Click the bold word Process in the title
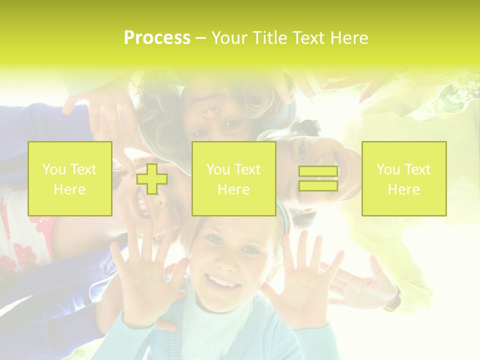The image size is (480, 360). [x=157, y=38]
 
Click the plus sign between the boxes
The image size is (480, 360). [x=152, y=178]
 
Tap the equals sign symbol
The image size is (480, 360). [x=318, y=178]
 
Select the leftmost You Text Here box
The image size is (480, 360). [x=70, y=178]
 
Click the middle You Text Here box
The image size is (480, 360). [x=233, y=178]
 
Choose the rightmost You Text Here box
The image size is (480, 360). [x=404, y=178]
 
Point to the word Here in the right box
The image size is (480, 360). [x=404, y=189]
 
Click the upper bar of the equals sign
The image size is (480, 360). [x=318, y=171]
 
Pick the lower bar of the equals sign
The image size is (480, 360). [x=318, y=185]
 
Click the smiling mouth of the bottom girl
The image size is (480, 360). [x=219, y=282]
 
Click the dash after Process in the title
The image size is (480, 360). [x=200, y=38]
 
